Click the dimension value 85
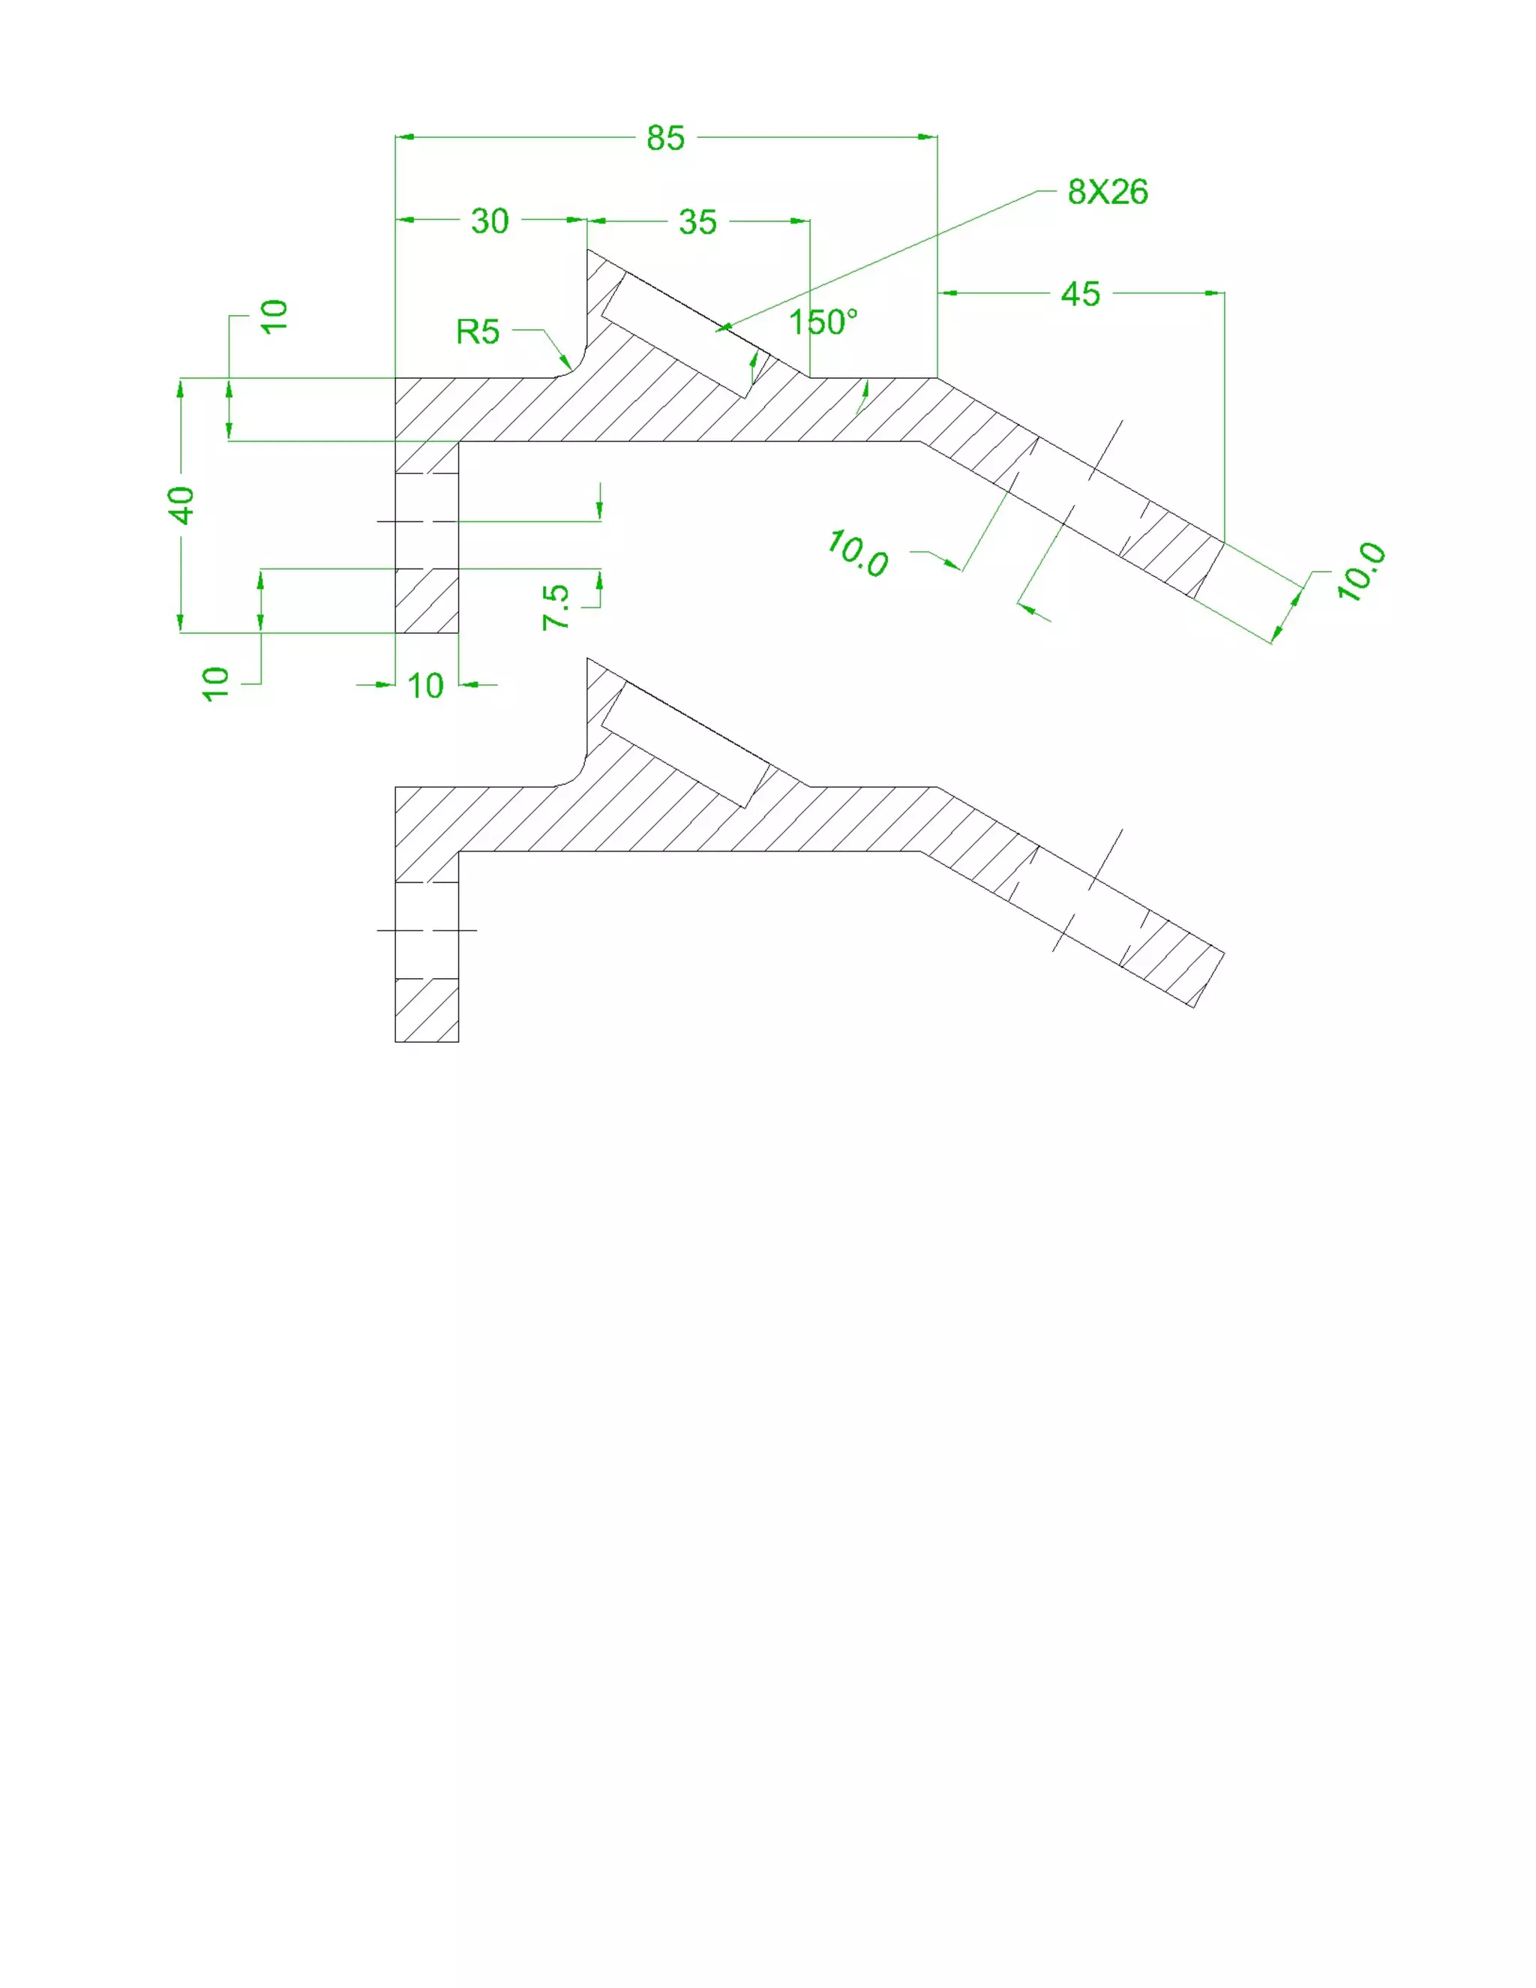[665, 138]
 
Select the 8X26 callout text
[1108, 192]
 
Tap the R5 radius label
[478, 332]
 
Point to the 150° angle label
[823, 323]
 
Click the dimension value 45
[1080, 294]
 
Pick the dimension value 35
[698, 222]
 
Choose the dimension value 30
[490, 221]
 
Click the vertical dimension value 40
[181, 505]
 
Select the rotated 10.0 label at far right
[1361, 571]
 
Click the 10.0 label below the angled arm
[857, 554]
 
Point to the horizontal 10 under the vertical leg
[425, 686]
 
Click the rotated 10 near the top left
[274, 316]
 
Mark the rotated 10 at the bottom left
[216, 683]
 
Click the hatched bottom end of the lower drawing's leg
[427, 1011]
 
